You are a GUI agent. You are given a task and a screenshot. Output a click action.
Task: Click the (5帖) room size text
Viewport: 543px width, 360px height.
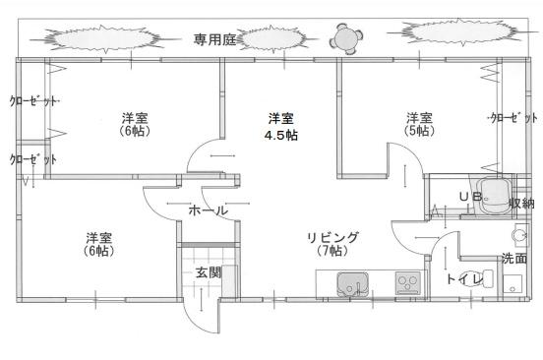(x=418, y=131)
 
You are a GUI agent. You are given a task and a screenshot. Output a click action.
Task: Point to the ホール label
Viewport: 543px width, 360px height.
(x=209, y=210)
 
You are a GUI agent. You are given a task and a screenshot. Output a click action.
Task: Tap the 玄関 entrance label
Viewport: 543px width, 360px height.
(x=207, y=272)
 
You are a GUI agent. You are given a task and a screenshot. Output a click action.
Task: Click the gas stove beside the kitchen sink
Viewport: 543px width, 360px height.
(x=407, y=283)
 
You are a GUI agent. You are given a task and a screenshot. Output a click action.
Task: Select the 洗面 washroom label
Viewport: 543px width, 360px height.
(x=514, y=259)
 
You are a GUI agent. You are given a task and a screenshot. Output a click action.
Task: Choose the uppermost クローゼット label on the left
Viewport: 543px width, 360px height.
(x=32, y=100)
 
